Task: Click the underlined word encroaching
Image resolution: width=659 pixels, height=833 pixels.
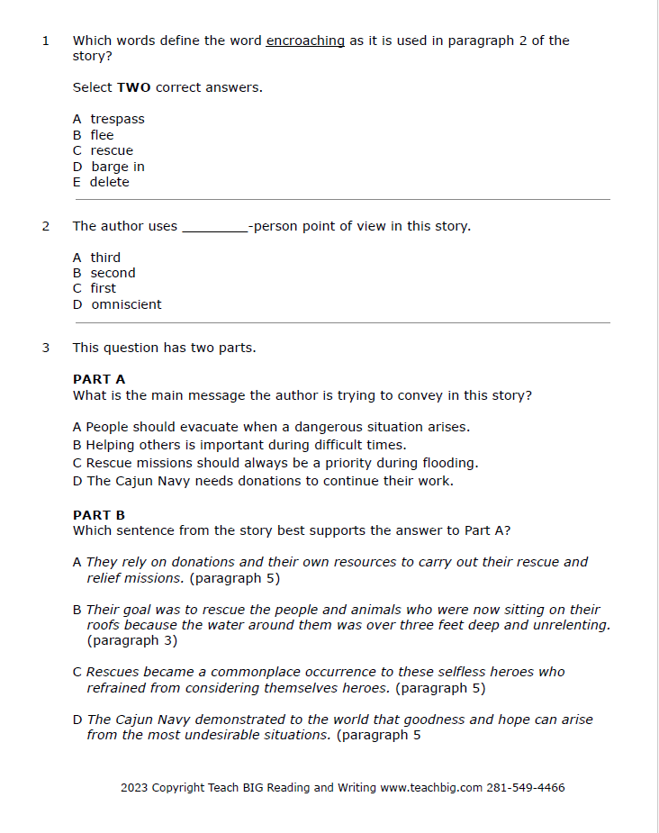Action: (305, 41)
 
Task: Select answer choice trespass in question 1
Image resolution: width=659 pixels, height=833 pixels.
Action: (117, 119)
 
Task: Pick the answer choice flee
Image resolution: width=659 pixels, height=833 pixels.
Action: (102, 135)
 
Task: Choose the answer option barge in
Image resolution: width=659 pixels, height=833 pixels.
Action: (117, 167)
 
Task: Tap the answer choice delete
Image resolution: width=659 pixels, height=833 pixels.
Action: (109, 182)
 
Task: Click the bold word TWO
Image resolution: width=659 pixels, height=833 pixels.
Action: (134, 87)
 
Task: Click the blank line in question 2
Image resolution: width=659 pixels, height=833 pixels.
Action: (214, 227)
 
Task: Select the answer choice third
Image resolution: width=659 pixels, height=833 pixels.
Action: (104, 258)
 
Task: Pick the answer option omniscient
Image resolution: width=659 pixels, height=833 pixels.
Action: (126, 304)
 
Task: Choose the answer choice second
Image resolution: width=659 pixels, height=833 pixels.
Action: (113, 273)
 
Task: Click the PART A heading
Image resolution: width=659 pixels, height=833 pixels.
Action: (99, 379)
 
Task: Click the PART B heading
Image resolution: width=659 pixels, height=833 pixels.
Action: (99, 515)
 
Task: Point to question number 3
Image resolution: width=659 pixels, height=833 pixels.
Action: (46, 348)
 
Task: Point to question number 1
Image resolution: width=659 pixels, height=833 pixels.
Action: (46, 41)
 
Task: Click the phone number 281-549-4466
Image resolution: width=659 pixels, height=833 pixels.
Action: (526, 788)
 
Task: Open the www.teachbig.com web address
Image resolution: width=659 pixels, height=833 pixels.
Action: (431, 788)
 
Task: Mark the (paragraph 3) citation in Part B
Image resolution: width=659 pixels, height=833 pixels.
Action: (132, 641)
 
